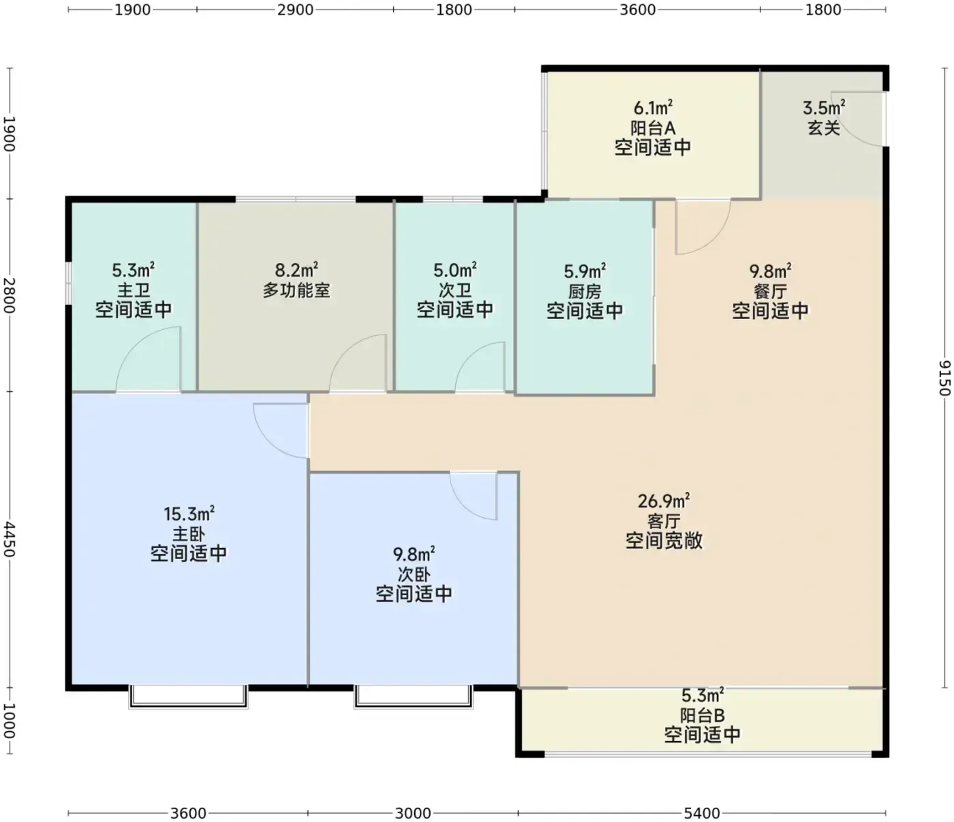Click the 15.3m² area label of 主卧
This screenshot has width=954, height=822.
click(189, 513)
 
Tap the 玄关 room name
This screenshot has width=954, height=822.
click(824, 128)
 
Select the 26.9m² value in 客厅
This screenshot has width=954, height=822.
click(664, 500)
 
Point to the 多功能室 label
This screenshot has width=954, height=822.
click(296, 290)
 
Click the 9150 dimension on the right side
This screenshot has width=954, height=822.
click(944, 378)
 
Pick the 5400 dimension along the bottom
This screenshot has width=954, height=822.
click(702, 813)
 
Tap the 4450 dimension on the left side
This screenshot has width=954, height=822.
click(10, 539)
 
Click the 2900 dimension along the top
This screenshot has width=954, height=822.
click(295, 10)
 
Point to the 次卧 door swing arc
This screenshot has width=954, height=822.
click(466, 503)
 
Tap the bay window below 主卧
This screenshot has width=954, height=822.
click(188, 697)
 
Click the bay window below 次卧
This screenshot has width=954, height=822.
click(414, 697)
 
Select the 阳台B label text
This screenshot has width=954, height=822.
click(702, 716)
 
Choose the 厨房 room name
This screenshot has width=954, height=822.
click(585, 292)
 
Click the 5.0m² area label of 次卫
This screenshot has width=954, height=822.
click(455, 269)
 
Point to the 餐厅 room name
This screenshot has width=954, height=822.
click(770, 292)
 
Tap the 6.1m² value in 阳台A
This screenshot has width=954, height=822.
click(653, 108)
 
